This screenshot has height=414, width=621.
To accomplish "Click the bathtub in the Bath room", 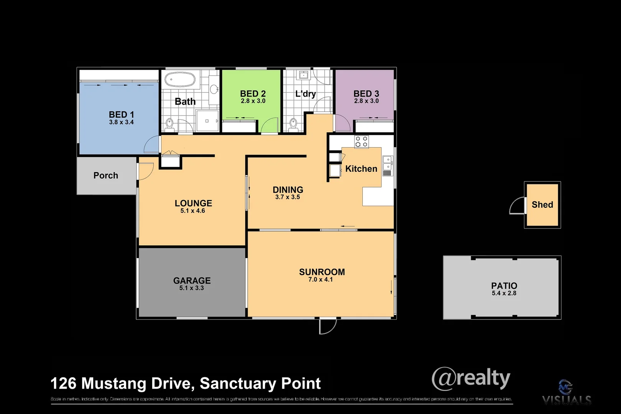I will click(x=180, y=79).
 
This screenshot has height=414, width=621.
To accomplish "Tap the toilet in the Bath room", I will click(x=169, y=125).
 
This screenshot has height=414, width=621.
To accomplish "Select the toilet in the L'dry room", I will click(x=293, y=125).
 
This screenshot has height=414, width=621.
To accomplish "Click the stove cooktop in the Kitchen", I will click(x=361, y=142).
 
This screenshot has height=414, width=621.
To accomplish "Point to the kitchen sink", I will click(x=387, y=163).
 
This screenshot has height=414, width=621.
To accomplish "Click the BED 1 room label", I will click(x=121, y=115).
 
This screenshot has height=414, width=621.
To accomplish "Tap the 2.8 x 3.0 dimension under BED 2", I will click(x=253, y=101).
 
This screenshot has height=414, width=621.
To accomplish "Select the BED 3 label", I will click(x=366, y=94).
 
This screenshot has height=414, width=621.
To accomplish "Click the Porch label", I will click(x=106, y=176).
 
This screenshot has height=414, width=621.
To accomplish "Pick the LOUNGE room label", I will click(x=193, y=203).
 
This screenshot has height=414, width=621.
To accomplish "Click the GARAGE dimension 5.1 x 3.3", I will click(x=192, y=288).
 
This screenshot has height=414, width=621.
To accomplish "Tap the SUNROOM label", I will click(x=322, y=272).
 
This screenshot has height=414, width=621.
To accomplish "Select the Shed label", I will click(x=542, y=205).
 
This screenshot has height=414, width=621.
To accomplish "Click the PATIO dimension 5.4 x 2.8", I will click(x=504, y=293).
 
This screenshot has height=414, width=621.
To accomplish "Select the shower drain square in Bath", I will click(x=207, y=121).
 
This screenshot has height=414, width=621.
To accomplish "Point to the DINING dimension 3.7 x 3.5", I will click(x=287, y=197).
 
